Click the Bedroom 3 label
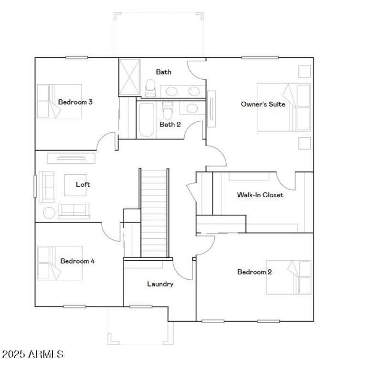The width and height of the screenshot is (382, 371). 75,102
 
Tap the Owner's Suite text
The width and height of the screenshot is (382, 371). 263,104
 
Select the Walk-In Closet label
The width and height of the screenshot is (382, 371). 260,195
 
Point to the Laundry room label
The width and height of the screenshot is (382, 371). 160,284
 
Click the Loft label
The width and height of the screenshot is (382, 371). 83,184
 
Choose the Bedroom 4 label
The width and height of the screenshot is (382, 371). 77,261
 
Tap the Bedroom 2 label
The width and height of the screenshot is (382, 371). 255,272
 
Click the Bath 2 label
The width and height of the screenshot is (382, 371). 170,125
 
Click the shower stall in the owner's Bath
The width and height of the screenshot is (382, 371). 127,77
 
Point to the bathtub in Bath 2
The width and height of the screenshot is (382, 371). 145,120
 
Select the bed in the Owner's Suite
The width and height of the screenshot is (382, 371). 284,107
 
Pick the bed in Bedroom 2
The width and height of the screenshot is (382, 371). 288,277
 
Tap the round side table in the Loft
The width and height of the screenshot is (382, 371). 50,212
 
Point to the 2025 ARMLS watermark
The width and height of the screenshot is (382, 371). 32,354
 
